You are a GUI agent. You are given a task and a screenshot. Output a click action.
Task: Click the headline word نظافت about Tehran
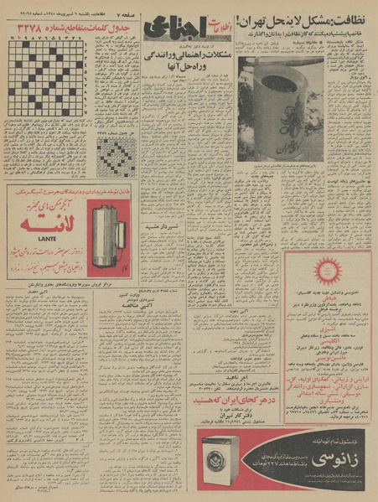coord(353,16)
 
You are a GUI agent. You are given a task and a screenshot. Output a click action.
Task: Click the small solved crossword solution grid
coord(111,156)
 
